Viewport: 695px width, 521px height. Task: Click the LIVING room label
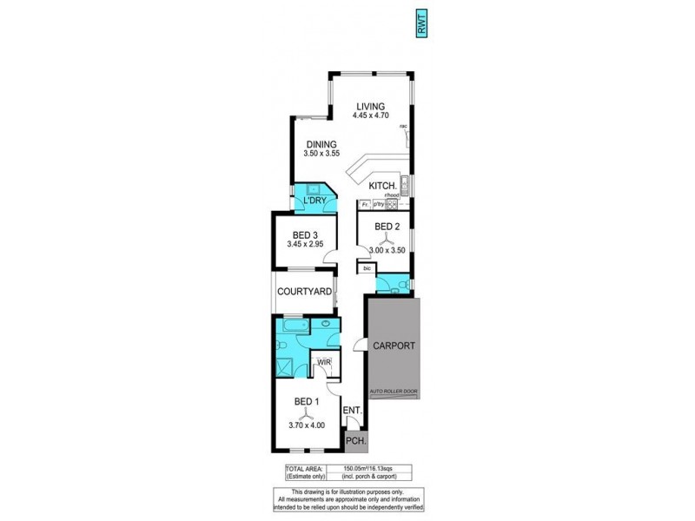tap(368, 107)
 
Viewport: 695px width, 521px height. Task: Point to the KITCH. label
tap(383, 186)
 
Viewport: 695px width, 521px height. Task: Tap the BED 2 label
tap(387, 227)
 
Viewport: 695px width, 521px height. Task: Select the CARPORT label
tap(394, 346)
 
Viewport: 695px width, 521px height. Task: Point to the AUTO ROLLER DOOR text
tap(394, 392)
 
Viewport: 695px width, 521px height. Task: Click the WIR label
tap(323, 361)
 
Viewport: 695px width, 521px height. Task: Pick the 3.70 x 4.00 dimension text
tap(307, 425)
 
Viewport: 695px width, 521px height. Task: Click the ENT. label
tap(352, 410)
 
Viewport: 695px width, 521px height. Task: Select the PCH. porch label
tap(355, 441)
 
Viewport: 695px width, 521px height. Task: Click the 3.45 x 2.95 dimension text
tap(305, 244)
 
